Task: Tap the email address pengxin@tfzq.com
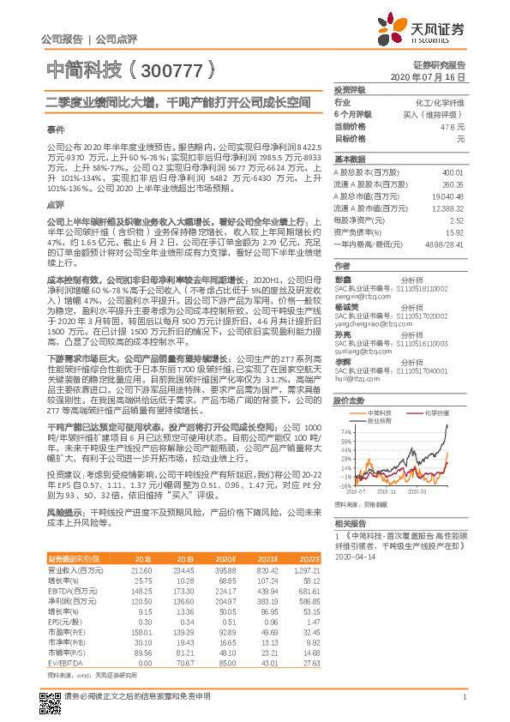tap(356, 297)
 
